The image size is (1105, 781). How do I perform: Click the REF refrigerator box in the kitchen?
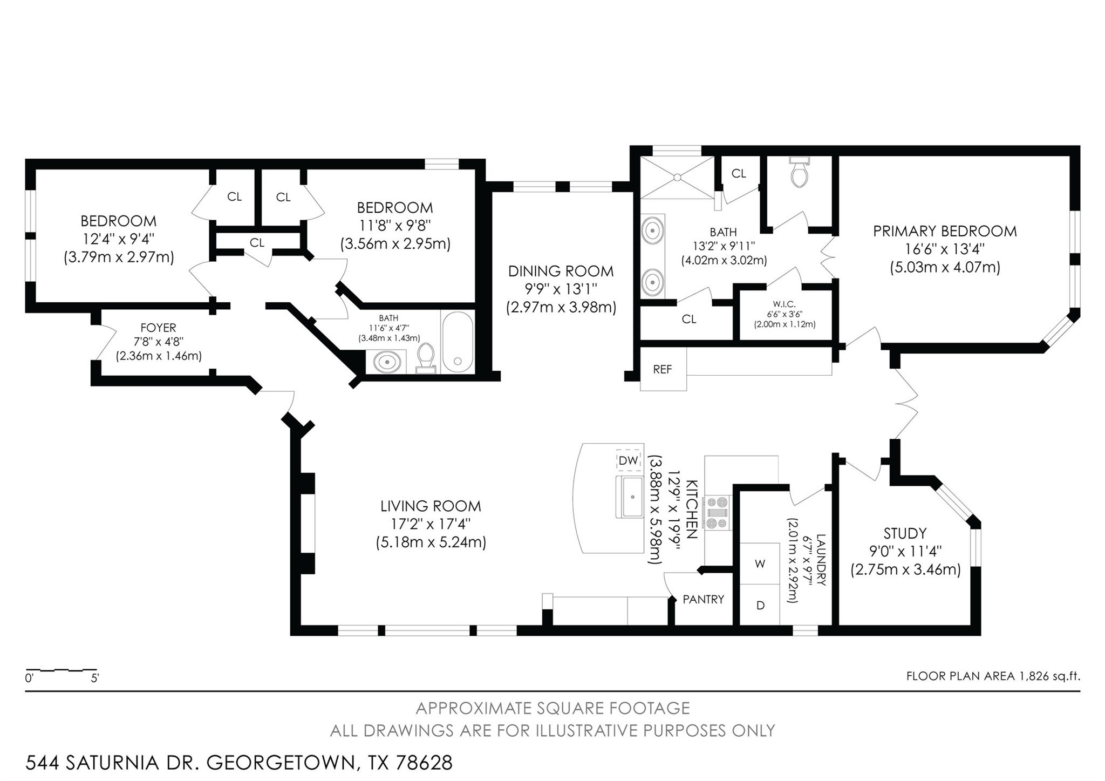click(x=663, y=369)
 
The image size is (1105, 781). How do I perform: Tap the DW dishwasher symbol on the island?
click(x=629, y=460)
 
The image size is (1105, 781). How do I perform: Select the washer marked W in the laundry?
click(x=760, y=563)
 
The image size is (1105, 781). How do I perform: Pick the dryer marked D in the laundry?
click(x=760, y=605)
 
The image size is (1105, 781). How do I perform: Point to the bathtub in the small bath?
click(x=458, y=342)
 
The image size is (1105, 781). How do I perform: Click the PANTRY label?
click(x=703, y=599)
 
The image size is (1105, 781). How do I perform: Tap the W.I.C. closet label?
click(x=784, y=304)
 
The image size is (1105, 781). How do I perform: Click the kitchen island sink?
click(x=630, y=497)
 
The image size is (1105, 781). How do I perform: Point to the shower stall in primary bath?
click(x=677, y=177)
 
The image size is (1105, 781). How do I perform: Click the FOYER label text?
click(x=158, y=328)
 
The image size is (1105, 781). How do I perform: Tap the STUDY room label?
click(x=905, y=533)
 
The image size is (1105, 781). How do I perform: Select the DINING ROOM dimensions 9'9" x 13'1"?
click(x=561, y=289)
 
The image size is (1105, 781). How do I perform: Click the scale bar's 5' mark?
click(x=95, y=678)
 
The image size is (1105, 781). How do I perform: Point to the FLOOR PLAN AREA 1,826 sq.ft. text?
click(x=993, y=676)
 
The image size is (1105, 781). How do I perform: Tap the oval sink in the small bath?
click(x=387, y=362)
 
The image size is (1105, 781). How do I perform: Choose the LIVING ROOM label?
click(x=430, y=506)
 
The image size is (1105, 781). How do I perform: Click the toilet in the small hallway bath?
click(x=426, y=358)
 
